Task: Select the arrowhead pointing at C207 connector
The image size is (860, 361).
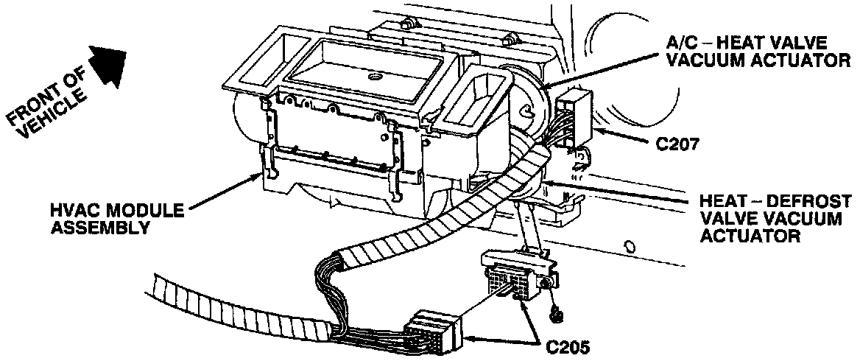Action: tap(597, 133)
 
